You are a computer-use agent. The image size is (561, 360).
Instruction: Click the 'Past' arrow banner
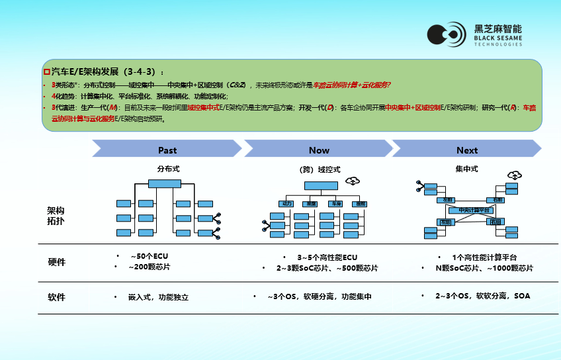pos(167,150)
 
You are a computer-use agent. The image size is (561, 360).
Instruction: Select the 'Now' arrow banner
pos(319,150)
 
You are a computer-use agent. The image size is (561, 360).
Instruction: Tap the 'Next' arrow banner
pos(467,150)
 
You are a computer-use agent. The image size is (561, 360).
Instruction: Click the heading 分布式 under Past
pos(168,169)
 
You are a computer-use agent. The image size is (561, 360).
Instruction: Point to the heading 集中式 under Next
pos(466,169)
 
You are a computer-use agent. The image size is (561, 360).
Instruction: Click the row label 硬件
pos(57,262)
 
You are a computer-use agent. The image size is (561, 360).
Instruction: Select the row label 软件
pos(57,297)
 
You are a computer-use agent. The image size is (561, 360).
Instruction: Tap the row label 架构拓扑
pos(56,216)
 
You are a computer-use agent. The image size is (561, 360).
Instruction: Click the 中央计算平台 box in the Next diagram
pos(467,210)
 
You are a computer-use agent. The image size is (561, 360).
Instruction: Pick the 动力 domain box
pos(286,204)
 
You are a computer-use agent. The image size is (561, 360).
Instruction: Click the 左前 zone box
pos(447,199)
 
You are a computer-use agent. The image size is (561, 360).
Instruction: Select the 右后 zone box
pos(496,222)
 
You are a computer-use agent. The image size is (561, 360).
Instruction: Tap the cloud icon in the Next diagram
pos(513,175)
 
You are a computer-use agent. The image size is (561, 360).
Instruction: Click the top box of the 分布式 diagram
pos(164,183)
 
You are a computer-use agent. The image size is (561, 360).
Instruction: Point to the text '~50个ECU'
pos(145,256)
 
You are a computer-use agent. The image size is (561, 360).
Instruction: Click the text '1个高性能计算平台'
pos(484,257)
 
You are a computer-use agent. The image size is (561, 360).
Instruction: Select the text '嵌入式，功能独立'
pos(158,298)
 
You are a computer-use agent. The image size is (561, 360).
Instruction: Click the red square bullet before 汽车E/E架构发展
pos(46,71)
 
